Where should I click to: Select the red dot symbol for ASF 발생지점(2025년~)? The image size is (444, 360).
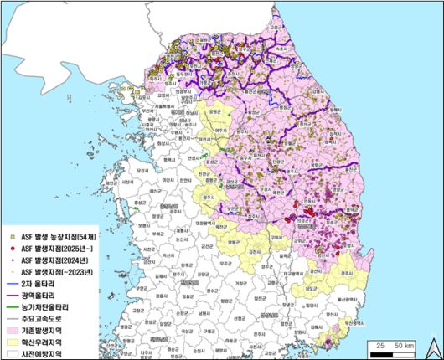pyautogui.click(x=11, y=249)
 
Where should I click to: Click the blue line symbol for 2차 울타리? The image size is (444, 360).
pyautogui.click(x=11, y=284)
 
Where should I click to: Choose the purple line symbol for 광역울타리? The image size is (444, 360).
pyautogui.click(x=11, y=296)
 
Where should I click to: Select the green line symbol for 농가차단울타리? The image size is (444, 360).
pyautogui.click(x=11, y=307)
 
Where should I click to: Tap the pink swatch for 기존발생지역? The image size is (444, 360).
pyautogui.click(x=11, y=331)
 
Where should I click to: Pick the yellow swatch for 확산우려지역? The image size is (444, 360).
pyautogui.click(x=11, y=342)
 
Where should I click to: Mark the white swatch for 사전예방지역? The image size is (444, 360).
pyautogui.click(x=11, y=353)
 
